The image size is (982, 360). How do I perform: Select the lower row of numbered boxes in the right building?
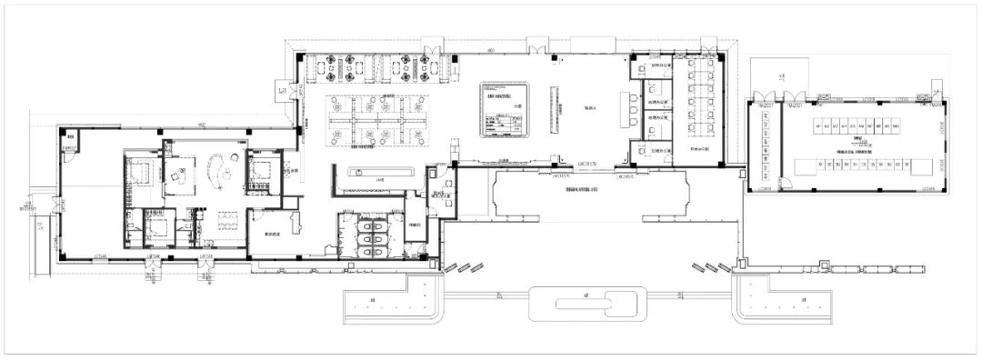coord(857,165)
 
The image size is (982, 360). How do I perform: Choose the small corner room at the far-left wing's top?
coord(69,144)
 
